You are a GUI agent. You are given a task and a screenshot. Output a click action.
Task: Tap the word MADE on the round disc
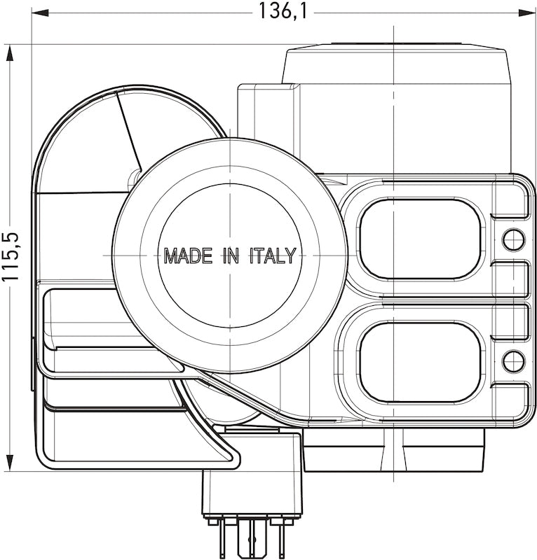tap(188, 255)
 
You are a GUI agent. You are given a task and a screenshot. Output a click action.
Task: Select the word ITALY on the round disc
tap(273, 255)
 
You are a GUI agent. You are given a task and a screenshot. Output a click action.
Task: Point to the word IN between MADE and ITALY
tap(231, 255)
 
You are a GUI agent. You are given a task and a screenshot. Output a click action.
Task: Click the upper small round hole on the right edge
tap(514, 239)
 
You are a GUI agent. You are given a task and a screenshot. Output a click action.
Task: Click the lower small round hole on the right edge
tap(514, 361)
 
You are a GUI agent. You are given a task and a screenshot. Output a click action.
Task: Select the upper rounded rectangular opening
tap(419, 239)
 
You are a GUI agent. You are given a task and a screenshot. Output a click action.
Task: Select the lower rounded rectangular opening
tap(419, 362)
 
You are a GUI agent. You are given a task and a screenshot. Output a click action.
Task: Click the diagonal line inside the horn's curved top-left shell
tap(130, 130)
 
